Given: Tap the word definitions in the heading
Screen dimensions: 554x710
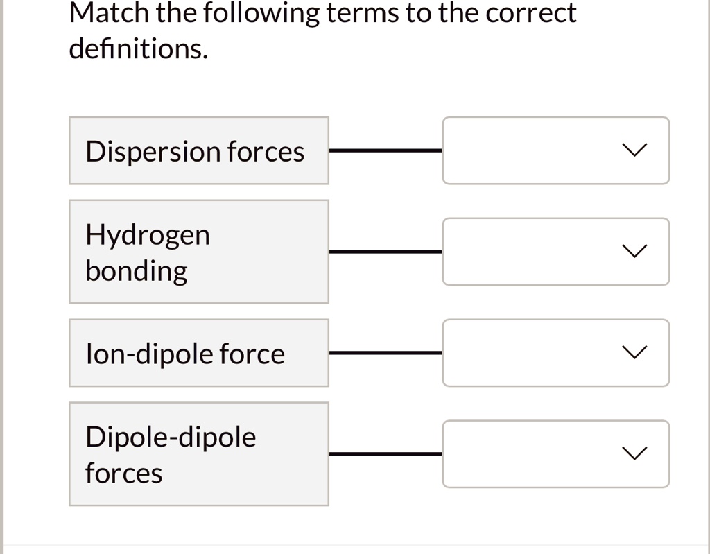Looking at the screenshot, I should pos(138,50).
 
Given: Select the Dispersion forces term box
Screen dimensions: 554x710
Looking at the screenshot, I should pos(198,150).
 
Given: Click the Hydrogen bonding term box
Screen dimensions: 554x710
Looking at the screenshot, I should pos(198,252).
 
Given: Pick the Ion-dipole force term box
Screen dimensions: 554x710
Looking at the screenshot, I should pos(198,353).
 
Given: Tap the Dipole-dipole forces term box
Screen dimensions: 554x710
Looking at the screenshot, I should pos(198,454).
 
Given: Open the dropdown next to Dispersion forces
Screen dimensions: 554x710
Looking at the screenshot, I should pos(555,150).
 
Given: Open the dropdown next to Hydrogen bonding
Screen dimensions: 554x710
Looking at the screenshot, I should pos(555,252).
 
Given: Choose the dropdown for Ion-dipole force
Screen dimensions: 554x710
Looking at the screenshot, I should pos(555,353).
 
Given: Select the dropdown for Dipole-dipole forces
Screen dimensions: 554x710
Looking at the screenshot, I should pos(555,454).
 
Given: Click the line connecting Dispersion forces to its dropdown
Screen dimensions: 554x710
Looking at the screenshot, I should pos(386,149).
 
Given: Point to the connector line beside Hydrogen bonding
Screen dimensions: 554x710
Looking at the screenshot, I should pos(386,251).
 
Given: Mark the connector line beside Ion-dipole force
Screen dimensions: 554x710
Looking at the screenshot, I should pos(386,352).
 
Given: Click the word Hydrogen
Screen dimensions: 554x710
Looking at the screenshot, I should pos(148,236).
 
